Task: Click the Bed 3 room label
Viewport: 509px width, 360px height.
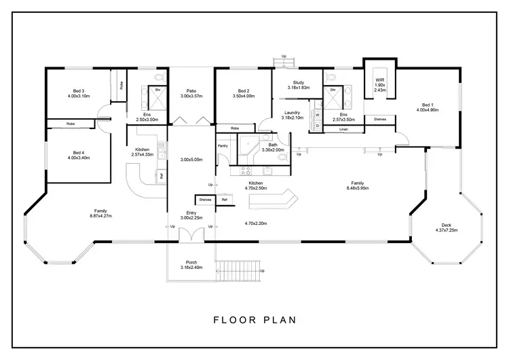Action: (79, 91)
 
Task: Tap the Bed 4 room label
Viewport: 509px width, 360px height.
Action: (79, 152)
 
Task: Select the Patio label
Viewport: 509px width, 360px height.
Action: (191, 91)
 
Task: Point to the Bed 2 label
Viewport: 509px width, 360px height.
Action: (244, 91)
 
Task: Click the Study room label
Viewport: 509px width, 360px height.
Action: (298, 82)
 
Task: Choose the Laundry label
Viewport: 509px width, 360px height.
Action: (293, 113)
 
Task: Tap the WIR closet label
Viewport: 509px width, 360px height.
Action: (380, 79)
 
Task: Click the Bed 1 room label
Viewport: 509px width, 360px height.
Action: (426, 105)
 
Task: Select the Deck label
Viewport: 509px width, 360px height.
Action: (445, 226)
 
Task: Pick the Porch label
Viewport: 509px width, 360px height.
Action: (191, 262)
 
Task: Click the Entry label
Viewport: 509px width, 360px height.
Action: (191, 213)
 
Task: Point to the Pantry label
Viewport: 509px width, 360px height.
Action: (222, 145)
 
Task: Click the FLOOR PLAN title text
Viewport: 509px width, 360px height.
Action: (254, 319)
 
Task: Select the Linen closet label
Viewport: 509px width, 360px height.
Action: (343, 128)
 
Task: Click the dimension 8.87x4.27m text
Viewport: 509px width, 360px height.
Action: (100, 216)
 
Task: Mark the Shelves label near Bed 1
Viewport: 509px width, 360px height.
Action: (380, 120)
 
